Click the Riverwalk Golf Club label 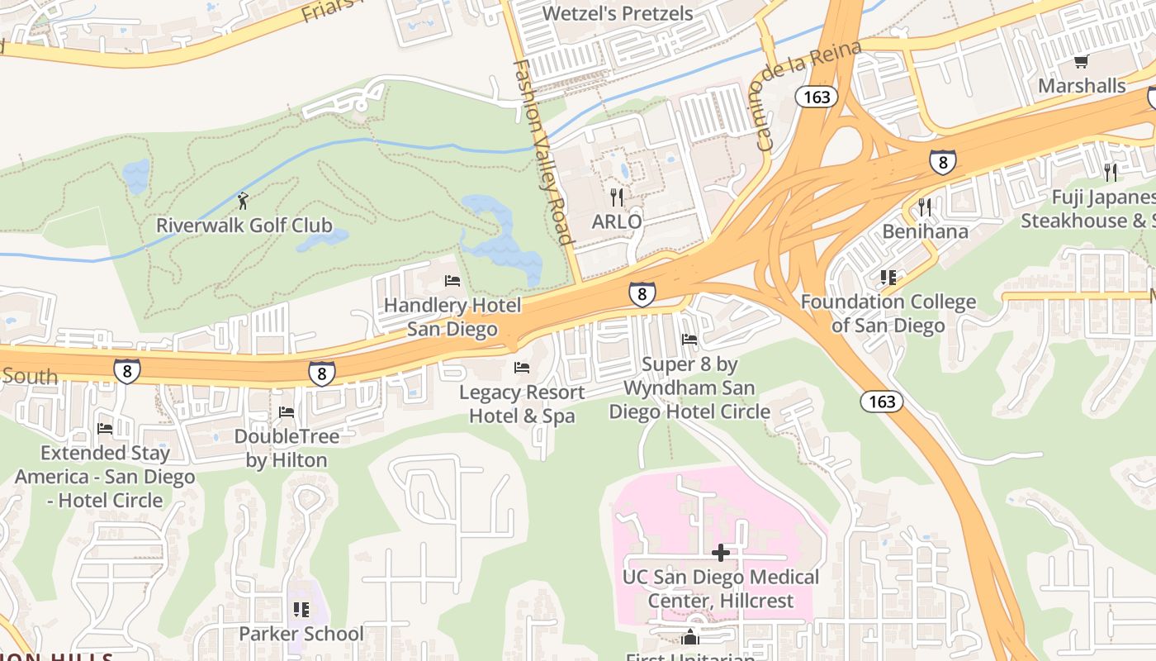pos(244,225)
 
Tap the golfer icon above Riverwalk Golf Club pos(243,200)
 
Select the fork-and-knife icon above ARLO pos(616,197)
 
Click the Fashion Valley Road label pos(542,152)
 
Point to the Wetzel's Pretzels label pos(618,13)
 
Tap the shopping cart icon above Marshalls pos(1081,61)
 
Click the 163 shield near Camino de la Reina pos(817,97)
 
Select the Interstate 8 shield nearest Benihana pos(943,161)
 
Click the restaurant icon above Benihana pos(925,207)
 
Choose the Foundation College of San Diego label pos(888,314)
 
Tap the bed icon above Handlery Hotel pos(452,281)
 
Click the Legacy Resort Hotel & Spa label pos(522,404)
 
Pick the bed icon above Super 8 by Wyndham pos(689,340)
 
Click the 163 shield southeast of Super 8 pos(882,402)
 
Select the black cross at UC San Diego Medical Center pos(721,552)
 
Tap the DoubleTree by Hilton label pos(287,448)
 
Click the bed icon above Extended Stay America pos(105,428)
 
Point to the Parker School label pos(301,634)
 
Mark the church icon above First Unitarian pos(690,637)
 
